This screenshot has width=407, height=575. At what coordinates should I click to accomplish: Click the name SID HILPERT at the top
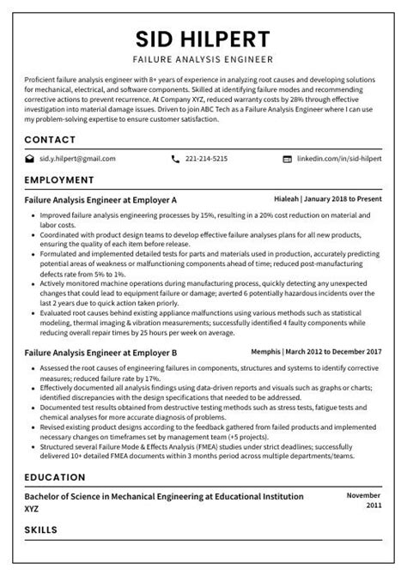click(x=203, y=39)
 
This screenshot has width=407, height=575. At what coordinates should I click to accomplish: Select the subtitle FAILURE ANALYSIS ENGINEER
click(x=203, y=60)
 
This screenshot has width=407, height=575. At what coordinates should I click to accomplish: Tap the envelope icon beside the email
click(x=30, y=159)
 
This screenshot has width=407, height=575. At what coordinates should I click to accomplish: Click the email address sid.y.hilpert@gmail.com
click(x=77, y=159)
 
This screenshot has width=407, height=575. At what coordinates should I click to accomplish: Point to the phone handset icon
click(x=176, y=159)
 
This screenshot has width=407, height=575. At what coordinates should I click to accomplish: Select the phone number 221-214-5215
click(x=207, y=159)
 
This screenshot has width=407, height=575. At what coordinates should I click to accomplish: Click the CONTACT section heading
click(x=50, y=139)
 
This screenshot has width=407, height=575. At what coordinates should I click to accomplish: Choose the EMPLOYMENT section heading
click(x=58, y=180)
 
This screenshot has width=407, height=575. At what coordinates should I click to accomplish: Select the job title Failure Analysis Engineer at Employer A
click(x=100, y=198)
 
